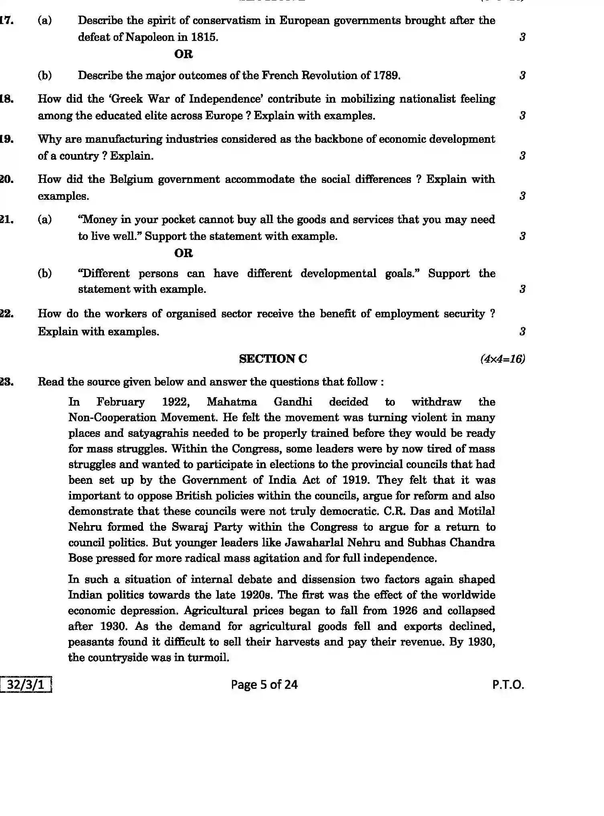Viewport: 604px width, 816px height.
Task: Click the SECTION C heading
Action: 273,359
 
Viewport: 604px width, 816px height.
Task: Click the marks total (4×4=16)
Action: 502,359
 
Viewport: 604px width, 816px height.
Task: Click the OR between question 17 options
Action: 183,54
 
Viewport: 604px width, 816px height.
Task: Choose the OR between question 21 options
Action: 183,253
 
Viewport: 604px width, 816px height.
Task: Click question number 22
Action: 6,314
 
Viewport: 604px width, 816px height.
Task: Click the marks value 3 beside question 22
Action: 522,331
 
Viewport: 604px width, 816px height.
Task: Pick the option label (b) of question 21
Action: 45,274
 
